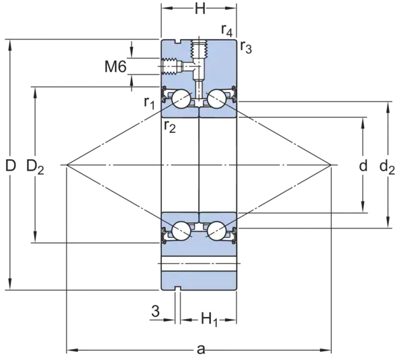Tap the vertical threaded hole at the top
click(x=198, y=50)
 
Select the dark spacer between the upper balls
click(x=198, y=103)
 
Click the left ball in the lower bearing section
click(x=180, y=231)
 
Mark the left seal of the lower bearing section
click(x=165, y=234)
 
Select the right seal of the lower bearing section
click(x=232, y=234)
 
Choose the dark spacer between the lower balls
click(x=198, y=228)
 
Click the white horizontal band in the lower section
click(x=198, y=263)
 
